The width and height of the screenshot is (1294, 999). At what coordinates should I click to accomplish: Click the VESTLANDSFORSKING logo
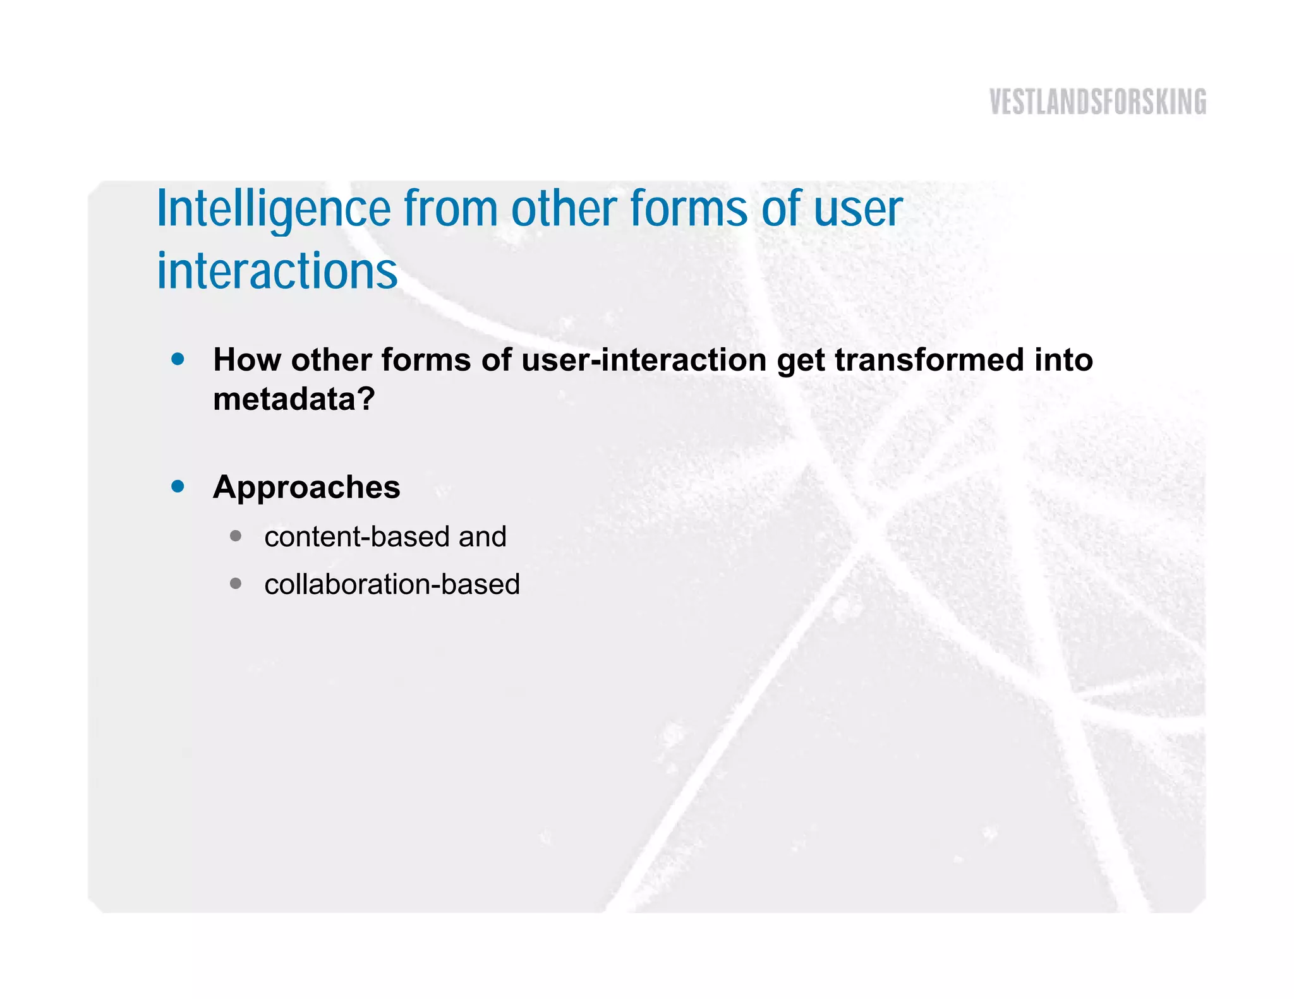1097,102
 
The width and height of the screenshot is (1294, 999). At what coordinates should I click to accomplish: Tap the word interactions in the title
277,272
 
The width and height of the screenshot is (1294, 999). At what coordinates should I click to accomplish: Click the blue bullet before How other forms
178,359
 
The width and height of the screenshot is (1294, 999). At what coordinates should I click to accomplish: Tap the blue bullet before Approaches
178,486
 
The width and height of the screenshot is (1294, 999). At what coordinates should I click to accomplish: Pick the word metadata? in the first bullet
294,399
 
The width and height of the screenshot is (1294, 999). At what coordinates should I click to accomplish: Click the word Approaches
306,488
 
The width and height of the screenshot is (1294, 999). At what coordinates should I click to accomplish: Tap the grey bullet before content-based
236,536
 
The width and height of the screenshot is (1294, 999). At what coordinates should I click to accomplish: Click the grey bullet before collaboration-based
236,583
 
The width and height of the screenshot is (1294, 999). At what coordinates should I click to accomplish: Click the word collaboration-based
392,584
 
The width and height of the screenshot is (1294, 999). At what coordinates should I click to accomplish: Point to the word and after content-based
482,537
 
